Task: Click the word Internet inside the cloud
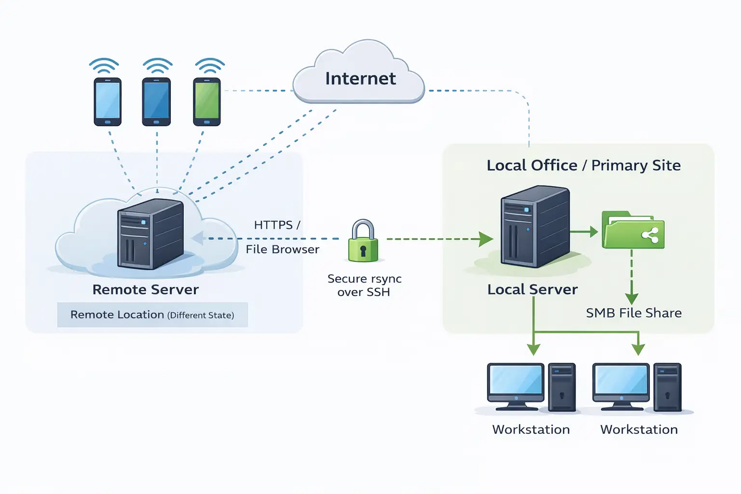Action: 360,79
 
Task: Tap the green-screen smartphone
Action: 207,101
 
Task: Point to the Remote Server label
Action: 146,289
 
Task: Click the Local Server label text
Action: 532,289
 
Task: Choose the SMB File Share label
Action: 633,313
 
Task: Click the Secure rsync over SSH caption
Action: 364,285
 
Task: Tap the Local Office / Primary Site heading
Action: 583,165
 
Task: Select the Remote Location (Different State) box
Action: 152,315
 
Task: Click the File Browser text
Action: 282,249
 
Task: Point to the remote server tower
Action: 150,234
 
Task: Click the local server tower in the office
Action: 535,227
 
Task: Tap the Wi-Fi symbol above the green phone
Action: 209,66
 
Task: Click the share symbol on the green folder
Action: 650,235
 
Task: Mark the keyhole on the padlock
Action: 363,250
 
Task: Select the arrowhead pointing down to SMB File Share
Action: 631,298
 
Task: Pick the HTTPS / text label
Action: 277,225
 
